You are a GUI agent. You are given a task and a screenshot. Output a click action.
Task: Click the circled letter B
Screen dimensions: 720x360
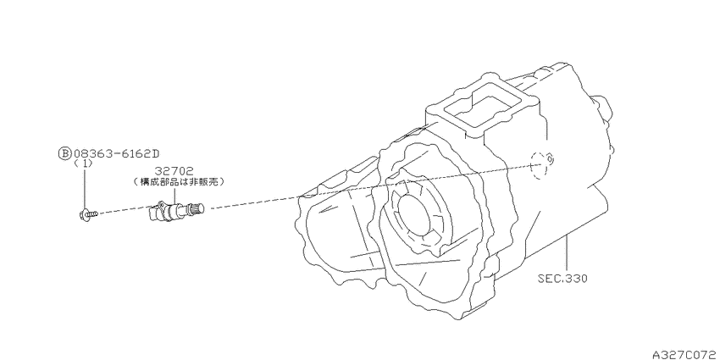pyautogui.click(x=64, y=153)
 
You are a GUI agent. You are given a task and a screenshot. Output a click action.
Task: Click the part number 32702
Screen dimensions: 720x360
pyautogui.click(x=174, y=171)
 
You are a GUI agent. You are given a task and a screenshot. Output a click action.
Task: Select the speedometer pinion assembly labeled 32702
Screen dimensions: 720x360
pyautogui.click(x=176, y=211)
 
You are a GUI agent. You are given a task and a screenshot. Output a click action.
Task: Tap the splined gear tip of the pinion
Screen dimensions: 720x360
pyautogui.click(x=199, y=209)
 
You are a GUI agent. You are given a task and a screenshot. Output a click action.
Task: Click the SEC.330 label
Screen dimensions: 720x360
pyautogui.click(x=563, y=279)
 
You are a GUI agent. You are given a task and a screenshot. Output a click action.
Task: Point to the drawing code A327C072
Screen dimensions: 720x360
pyautogui.click(x=685, y=354)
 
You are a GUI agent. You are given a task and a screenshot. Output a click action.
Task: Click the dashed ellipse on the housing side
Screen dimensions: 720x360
pyautogui.click(x=539, y=165)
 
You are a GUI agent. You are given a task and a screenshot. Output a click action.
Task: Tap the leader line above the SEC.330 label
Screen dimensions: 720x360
pyautogui.click(x=567, y=253)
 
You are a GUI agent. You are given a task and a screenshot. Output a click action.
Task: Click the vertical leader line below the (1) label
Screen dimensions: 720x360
pyautogui.click(x=85, y=188)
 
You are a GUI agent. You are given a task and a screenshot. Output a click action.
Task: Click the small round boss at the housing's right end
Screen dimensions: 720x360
pyautogui.click(x=601, y=108)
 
